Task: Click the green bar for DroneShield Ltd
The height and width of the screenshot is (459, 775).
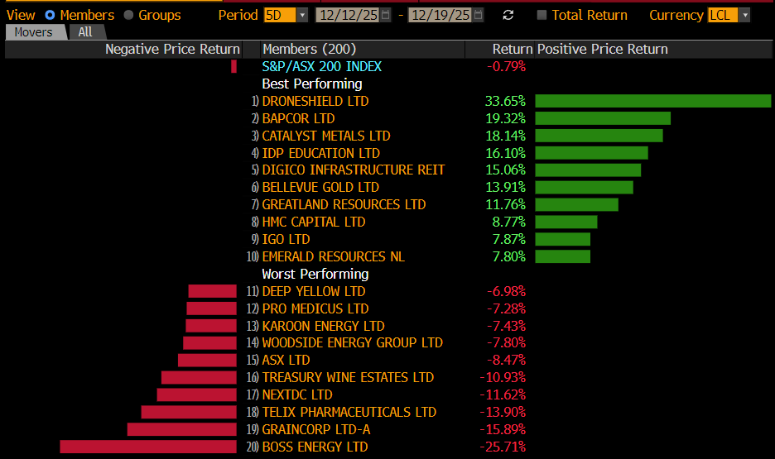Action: click(x=652, y=101)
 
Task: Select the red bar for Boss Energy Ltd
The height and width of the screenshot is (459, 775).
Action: click(x=148, y=447)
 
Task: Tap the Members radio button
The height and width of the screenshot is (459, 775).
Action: click(x=50, y=15)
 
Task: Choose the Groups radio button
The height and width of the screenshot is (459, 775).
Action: click(x=128, y=15)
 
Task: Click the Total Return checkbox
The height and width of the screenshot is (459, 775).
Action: click(x=542, y=15)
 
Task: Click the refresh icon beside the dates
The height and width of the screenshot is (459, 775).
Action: click(x=508, y=15)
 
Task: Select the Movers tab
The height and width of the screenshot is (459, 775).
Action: click(x=34, y=32)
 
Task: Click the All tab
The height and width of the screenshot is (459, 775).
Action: click(x=85, y=32)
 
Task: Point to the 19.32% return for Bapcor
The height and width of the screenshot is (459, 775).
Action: click(x=505, y=118)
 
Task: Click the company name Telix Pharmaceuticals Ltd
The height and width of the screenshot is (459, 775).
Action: click(x=349, y=412)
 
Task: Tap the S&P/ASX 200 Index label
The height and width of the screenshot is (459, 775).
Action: click(x=322, y=66)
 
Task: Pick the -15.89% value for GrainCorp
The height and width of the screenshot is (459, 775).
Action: click(x=503, y=429)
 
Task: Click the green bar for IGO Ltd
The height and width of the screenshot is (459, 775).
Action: click(x=562, y=239)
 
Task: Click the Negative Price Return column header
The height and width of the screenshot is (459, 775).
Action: click(x=172, y=49)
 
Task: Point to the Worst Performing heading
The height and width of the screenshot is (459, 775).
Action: click(x=315, y=274)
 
